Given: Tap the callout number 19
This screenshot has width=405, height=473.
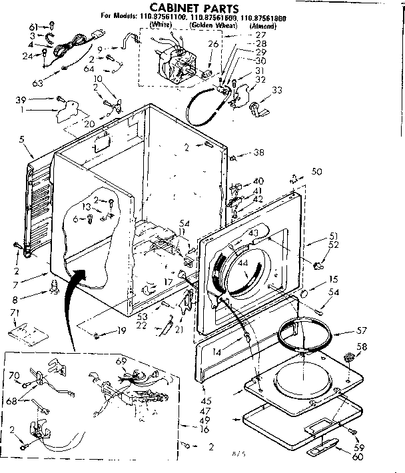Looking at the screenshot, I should click(122, 331).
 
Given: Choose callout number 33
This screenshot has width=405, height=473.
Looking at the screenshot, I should click(277, 91).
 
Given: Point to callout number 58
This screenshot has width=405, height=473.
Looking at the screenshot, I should click(362, 346).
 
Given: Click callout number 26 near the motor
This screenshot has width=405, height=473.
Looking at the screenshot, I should click(212, 45).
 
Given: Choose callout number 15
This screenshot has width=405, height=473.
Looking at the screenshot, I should click(332, 279).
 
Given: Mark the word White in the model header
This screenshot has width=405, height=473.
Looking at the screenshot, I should click(161, 25).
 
